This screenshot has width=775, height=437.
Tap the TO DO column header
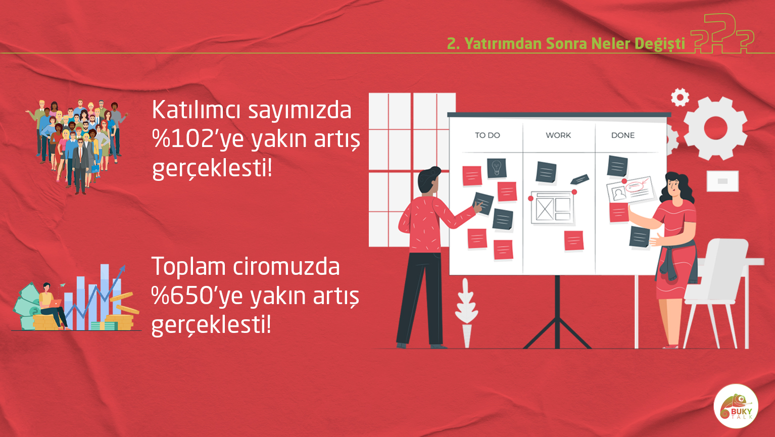click(487, 135)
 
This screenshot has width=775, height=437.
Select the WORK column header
click(558, 135)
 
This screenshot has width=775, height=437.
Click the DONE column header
click(623, 135)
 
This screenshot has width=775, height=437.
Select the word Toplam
click(189, 267)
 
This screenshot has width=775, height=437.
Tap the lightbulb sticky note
click(497, 168)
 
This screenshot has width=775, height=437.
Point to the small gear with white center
click(680, 97)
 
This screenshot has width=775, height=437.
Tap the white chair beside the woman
click(718, 293)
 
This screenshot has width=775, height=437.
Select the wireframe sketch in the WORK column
click(552, 208)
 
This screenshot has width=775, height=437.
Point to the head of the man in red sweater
click(429, 180)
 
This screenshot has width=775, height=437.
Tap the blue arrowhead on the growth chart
click(122, 269)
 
